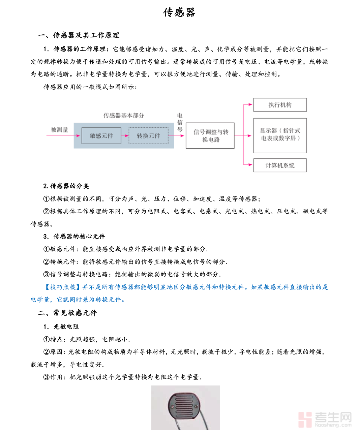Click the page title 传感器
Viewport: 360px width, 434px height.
(x=179, y=12)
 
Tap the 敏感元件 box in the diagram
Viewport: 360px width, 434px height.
(x=101, y=136)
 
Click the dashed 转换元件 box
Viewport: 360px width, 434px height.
(x=148, y=136)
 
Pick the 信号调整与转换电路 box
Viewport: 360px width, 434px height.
(x=210, y=136)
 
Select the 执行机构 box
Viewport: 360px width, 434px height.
(x=280, y=105)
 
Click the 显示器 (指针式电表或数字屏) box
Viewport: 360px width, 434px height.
(x=280, y=135)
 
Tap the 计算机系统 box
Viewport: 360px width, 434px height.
(x=280, y=165)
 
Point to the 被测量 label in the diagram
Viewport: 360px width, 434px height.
(x=60, y=130)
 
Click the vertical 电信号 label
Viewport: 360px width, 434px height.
(x=180, y=123)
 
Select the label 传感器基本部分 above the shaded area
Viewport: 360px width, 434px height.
(x=124, y=116)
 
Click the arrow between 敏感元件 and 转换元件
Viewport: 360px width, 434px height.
(x=125, y=136)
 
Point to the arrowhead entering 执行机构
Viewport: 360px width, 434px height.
(x=250, y=105)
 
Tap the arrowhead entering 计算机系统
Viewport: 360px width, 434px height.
(x=250, y=165)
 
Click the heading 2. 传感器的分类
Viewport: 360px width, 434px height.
(x=66, y=186)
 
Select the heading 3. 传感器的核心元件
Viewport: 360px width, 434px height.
(x=74, y=236)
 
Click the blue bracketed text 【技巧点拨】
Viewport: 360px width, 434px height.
(x=62, y=287)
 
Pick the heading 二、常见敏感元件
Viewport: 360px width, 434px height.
(x=67, y=313)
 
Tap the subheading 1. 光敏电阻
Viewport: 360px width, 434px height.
(x=61, y=327)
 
